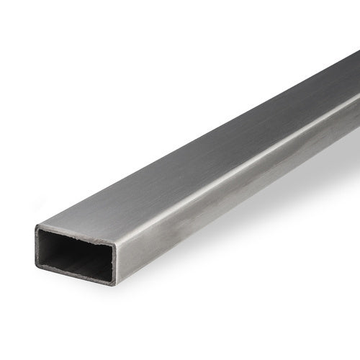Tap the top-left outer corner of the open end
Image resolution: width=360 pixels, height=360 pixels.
(35, 227)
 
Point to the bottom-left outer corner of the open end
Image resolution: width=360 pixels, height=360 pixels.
(36, 266)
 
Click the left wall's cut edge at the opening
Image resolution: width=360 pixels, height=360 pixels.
(37, 247)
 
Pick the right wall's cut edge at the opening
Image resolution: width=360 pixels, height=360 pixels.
(113, 263)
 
